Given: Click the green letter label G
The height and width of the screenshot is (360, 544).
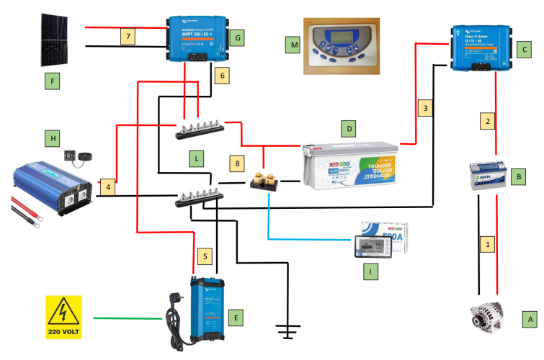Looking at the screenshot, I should click(240, 35).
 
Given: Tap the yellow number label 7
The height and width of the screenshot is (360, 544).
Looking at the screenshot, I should click(128, 36).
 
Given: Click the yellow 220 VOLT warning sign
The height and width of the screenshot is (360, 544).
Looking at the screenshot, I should click(63, 318).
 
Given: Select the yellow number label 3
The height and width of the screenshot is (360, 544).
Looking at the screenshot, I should click(427, 109).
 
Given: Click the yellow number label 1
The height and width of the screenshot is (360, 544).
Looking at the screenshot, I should click(488, 246).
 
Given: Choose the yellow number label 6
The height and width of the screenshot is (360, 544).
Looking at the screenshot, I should click(223, 75).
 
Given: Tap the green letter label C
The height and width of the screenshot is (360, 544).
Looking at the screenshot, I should click(525, 50).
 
